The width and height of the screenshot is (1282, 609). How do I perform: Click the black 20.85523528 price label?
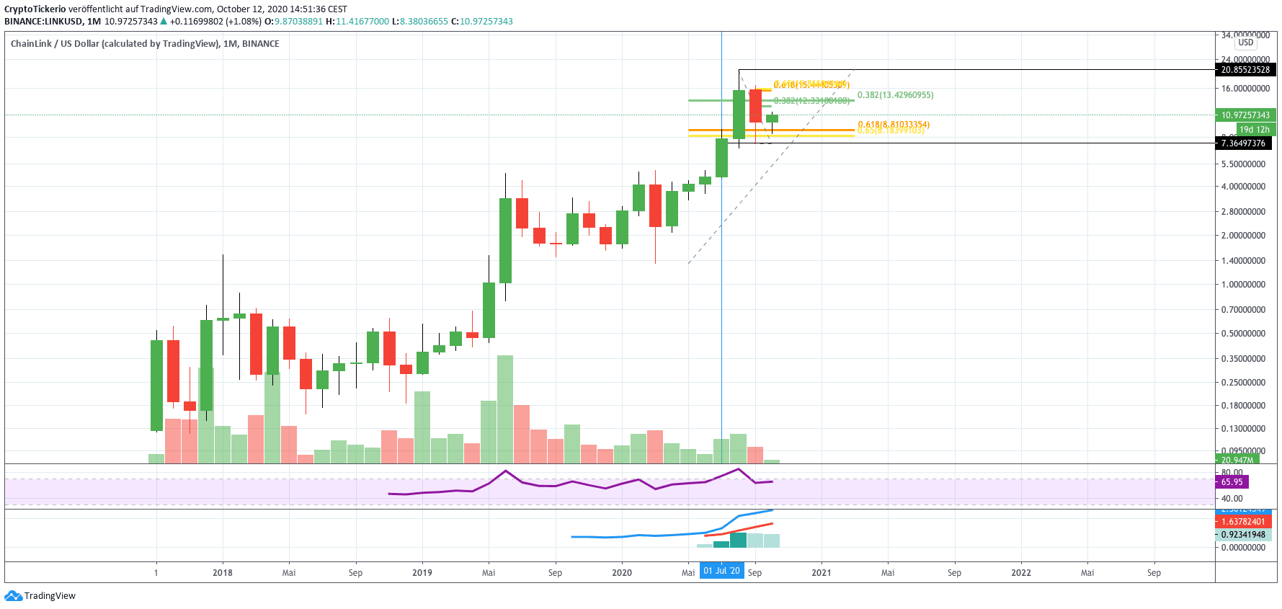point(1245,70)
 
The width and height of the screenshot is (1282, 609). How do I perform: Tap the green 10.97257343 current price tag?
point(1245,115)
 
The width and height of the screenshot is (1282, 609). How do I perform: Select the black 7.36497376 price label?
point(1242,143)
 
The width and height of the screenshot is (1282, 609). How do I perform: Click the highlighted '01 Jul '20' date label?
point(721,572)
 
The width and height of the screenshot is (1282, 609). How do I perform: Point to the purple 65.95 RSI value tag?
point(1232,482)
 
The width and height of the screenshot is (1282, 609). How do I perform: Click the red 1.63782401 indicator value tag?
point(1242,522)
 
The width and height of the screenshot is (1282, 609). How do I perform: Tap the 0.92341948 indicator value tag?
point(1242,535)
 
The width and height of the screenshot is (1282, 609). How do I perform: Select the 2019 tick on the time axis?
point(422,573)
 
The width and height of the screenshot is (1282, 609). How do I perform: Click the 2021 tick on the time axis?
point(822,573)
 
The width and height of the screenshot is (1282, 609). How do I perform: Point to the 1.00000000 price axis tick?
point(1243,285)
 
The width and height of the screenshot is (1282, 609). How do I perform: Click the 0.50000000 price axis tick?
point(1243,334)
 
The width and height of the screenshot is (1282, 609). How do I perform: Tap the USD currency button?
point(1246,43)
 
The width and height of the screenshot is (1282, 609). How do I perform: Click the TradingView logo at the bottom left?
point(40,596)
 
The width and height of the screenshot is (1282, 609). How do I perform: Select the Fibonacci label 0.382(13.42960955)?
point(895,95)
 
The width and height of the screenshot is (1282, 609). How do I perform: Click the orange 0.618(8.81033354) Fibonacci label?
point(894,125)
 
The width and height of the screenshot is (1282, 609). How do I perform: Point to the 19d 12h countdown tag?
point(1254,130)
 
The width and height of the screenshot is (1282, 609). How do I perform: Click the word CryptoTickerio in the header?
point(35,9)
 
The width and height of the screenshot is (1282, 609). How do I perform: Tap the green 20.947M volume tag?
point(1237,460)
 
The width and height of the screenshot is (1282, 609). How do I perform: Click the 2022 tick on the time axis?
point(1021,573)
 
